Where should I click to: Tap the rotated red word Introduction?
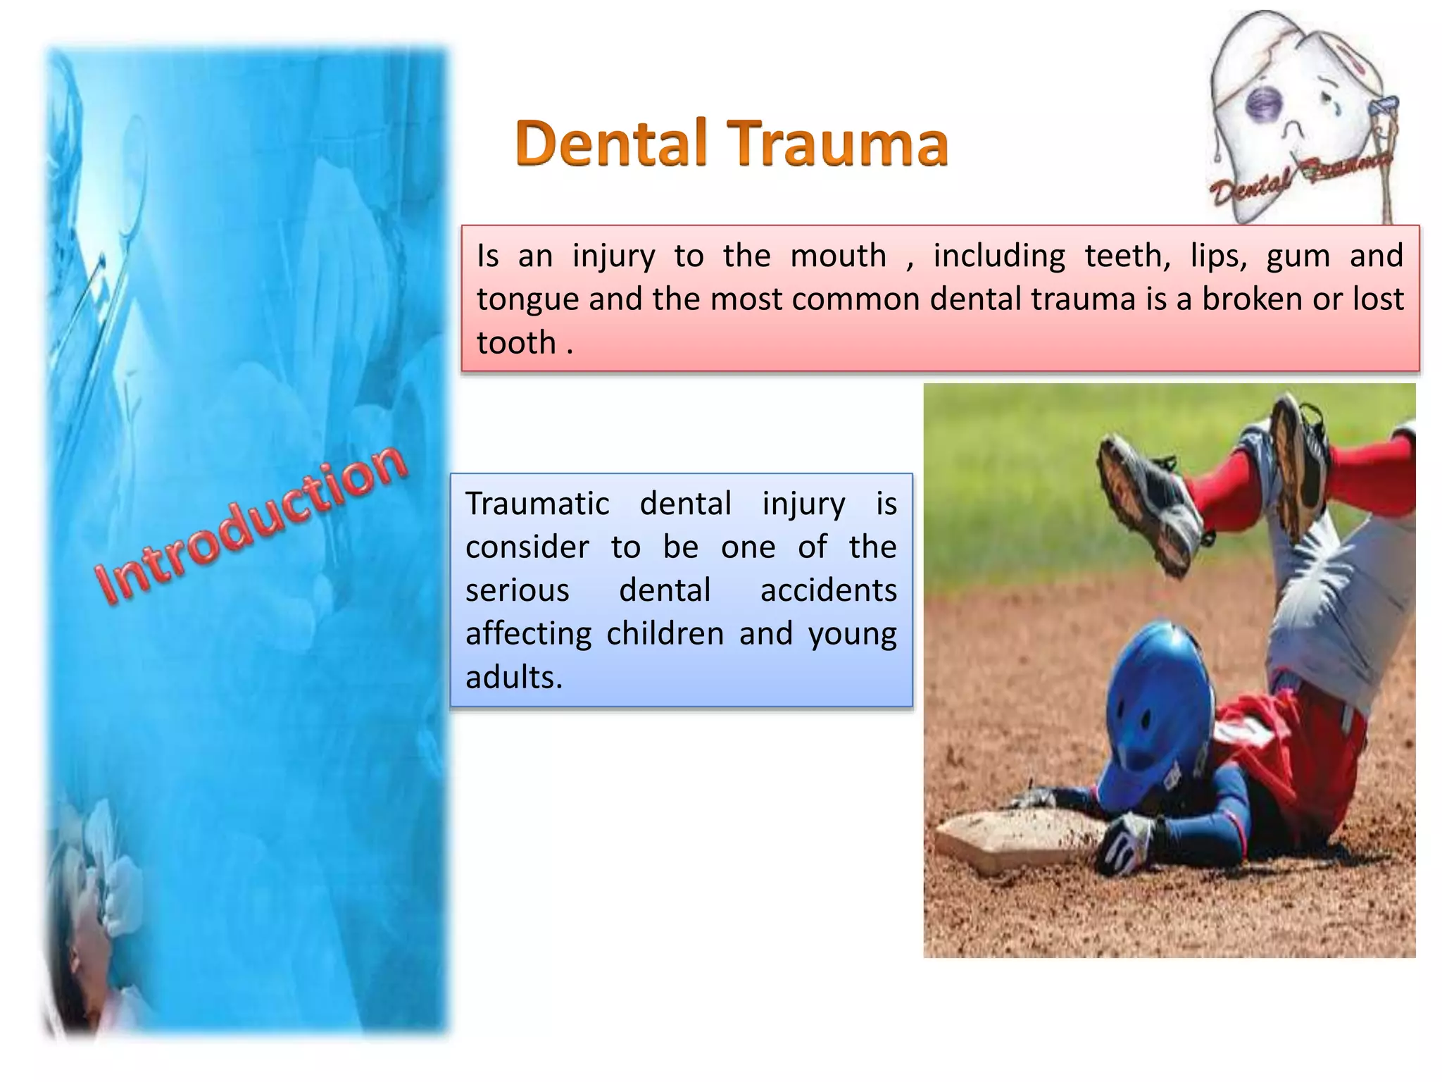tap(251, 525)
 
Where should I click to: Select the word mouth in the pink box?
tap(838, 255)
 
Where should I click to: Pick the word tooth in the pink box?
tap(516, 343)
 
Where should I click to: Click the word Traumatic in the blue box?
tap(537, 504)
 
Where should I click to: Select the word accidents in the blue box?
tap(828, 590)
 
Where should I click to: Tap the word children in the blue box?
tap(665, 633)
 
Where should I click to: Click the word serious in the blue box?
tap(517, 590)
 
